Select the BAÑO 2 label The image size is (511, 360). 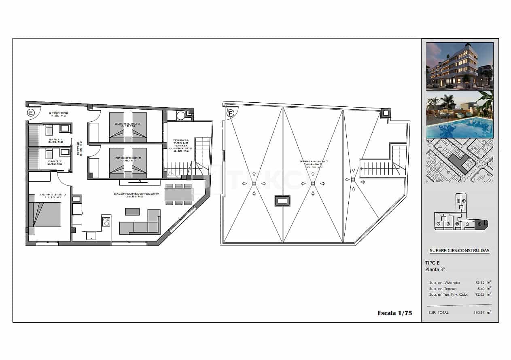coord(55,162)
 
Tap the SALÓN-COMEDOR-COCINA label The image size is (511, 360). coord(136,194)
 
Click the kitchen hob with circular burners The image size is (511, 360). coord(106,221)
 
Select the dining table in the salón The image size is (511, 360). coord(178,195)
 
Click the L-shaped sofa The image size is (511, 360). coord(140,224)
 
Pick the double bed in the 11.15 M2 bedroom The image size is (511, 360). coord(45,214)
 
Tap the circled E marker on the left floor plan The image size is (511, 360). coord(31,113)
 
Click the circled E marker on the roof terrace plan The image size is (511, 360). coord(230,113)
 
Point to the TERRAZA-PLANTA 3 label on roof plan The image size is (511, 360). coord(314,162)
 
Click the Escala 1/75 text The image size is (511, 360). coord(394,313)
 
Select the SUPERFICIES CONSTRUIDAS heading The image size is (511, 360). coord(459,251)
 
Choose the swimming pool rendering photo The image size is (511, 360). coord(459,114)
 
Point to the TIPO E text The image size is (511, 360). coord(433,263)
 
